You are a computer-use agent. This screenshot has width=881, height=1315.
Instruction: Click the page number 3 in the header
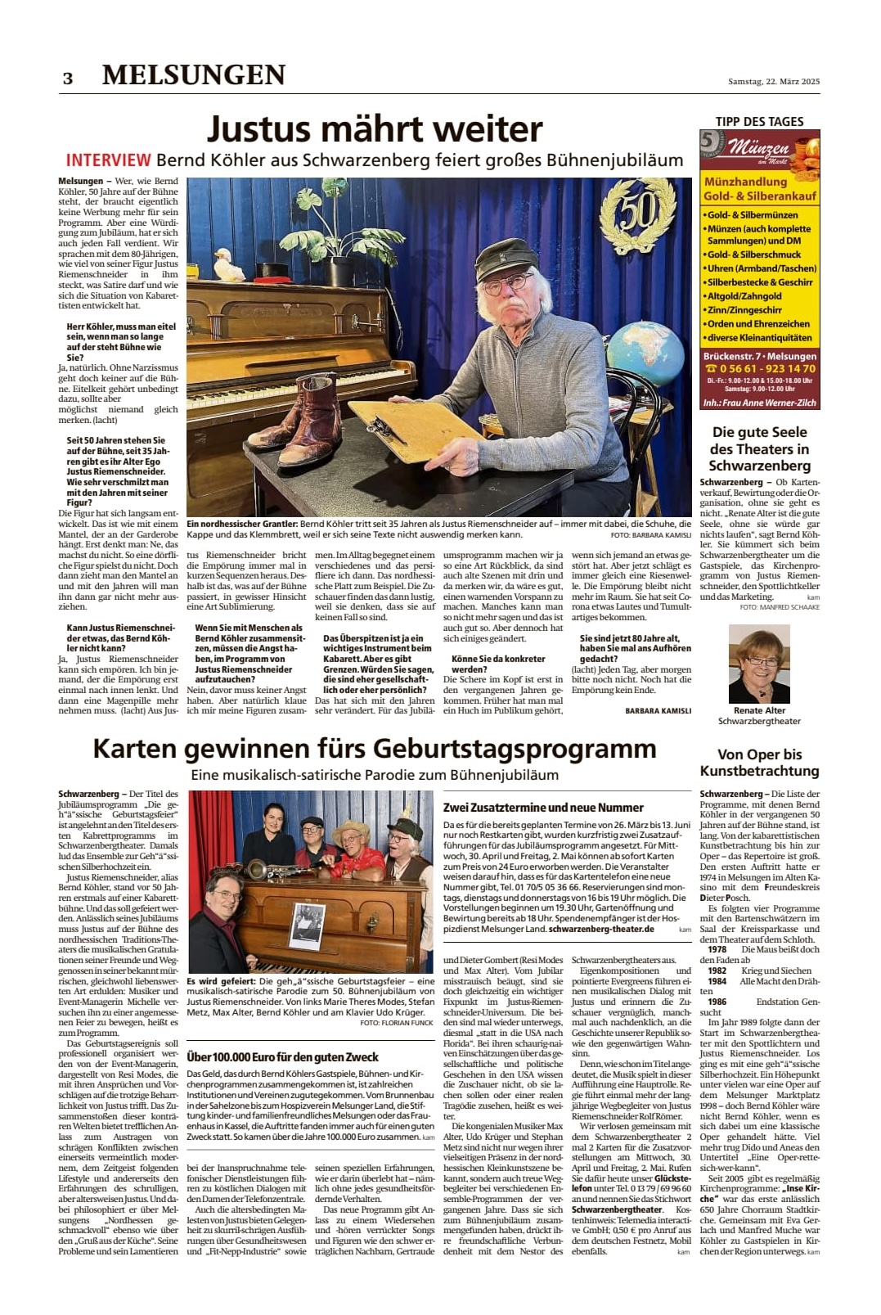(x=68, y=78)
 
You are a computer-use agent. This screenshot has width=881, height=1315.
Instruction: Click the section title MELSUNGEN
(x=194, y=75)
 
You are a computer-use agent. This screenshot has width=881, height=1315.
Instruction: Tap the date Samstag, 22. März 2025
(x=773, y=81)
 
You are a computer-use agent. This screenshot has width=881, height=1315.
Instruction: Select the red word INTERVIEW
(x=108, y=160)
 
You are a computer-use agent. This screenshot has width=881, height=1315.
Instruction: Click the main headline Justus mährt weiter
(x=375, y=129)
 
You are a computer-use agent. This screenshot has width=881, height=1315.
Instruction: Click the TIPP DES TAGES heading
(x=759, y=121)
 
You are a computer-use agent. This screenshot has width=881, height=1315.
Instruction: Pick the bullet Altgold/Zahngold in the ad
(x=744, y=296)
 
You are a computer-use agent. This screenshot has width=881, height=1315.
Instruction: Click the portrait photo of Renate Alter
(x=758, y=664)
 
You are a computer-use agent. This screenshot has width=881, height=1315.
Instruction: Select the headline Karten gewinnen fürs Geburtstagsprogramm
(x=375, y=749)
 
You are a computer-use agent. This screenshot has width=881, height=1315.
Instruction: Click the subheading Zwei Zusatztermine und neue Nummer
(x=543, y=807)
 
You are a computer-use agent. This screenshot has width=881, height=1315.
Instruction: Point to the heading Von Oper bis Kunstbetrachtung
(x=759, y=762)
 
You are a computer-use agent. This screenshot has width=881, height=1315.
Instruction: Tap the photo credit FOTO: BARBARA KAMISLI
(x=650, y=535)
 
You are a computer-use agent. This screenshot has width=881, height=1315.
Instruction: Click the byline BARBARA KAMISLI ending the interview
(x=658, y=711)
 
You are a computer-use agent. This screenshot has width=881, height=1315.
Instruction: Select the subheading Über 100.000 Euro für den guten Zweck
(x=282, y=1056)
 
